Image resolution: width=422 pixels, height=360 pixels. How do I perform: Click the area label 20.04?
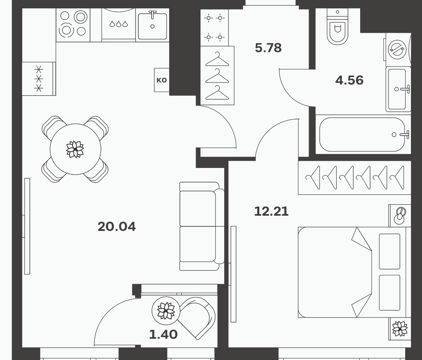click(x=116, y=226)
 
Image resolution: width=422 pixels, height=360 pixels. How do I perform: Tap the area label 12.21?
click(x=271, y=211)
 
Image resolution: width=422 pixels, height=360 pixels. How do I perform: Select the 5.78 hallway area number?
click(x=268, y=48)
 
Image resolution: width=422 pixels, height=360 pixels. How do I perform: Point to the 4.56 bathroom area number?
click(x=349, y=80)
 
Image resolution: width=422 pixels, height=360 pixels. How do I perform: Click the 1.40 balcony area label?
click(x=163, y=334)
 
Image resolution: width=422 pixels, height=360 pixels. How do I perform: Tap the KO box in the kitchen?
click(x=162, y=80)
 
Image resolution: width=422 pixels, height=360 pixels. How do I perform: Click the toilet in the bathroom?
click(x=337, y=26)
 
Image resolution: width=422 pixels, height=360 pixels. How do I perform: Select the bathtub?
click(x=363, y=134)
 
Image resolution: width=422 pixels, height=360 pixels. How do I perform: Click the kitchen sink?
click(x=152, y=25)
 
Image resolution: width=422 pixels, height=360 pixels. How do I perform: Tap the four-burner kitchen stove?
click(x=73, y=25)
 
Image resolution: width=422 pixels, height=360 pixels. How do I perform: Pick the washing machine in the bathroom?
click(x=398, y=50)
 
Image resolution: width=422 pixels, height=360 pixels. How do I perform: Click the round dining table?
click(x=75, y=149)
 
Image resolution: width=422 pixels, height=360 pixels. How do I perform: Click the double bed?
click(x=354, y=272)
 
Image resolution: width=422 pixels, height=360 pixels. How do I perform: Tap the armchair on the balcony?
click(x=196, y=318)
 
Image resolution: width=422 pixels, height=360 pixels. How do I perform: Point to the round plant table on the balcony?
click(x=166, y=311)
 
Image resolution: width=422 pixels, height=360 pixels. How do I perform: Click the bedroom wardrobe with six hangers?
click(x=354, y=178)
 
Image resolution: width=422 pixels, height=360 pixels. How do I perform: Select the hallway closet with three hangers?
click(x=217, y=75)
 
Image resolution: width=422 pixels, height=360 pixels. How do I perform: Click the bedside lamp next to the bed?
click(x=400, y=216)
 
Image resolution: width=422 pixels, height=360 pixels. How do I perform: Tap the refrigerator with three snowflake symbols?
click(x=39, y=79)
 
